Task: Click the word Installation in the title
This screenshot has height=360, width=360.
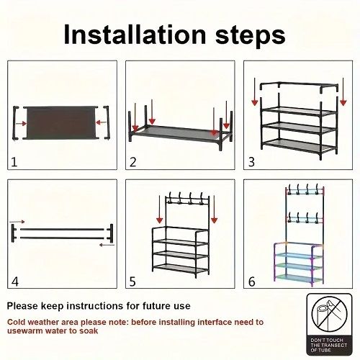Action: click(135, 34)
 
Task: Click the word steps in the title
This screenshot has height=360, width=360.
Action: click(249, 34)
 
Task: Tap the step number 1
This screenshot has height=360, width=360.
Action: click(14, 162)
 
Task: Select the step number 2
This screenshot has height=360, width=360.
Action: click(132, 162)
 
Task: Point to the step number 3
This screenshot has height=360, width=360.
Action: click(251, 162)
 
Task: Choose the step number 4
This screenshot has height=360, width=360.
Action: click(14, 282)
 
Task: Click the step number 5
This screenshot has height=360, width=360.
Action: click(132, 282)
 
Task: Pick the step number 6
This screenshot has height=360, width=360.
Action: click(251, 282)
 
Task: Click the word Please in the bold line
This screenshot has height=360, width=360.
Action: click(25, 305)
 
